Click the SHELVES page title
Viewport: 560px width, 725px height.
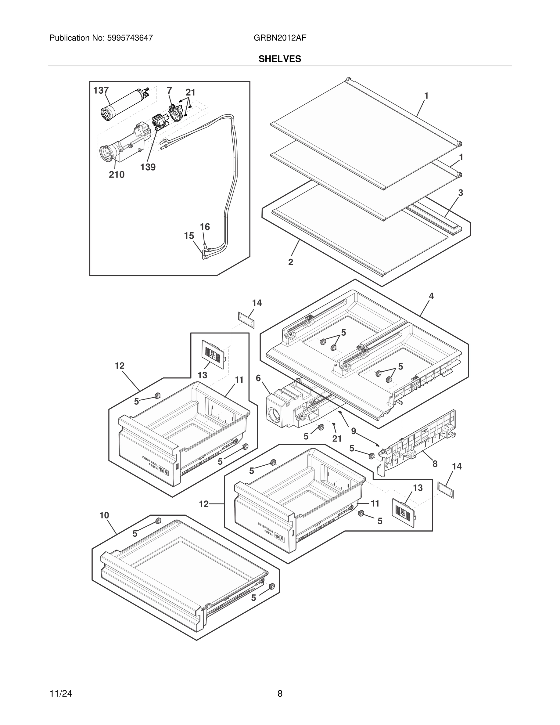[x=280, y=59]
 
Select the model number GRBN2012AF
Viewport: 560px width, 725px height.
[x=280, y=38]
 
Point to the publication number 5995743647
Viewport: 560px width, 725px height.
[x=130, y=38]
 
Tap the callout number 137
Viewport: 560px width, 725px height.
[x=101, y=90]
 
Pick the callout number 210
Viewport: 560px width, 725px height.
[x=117, y=175]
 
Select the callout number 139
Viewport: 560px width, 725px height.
[x=148, y=167]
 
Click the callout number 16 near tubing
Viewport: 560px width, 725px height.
[x=205, y=227]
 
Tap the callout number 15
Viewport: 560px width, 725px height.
[x=189, y=236]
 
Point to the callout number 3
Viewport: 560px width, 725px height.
[x=461, y=193]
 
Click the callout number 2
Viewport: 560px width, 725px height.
[x=291, y=262]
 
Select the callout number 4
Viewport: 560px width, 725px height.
[x=431, y=296]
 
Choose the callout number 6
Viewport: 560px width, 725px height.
[x=258, y=378]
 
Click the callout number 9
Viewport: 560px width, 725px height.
[x=354, y=431]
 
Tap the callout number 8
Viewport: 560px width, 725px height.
[x=435, y=464]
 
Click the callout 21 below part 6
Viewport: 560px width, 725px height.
[x=337, y=439]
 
